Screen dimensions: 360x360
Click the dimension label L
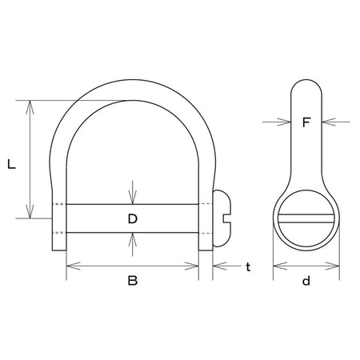click(x=11, y=164)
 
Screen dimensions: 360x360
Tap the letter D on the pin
click(x=133, y=218)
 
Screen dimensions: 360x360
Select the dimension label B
click(x=133, y=281)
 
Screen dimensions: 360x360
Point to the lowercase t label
click(x=248, y=266)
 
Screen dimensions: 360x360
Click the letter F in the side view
click(x=306, y=122)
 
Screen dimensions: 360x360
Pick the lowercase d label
click(x=306, y=281)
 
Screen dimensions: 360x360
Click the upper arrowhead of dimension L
click(x=30, y=107)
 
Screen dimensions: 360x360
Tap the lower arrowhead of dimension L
click(x=30, y=211)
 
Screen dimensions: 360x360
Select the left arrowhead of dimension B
click(x=73, y=266)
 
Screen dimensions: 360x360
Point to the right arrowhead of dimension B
click(x=192, y=266)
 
